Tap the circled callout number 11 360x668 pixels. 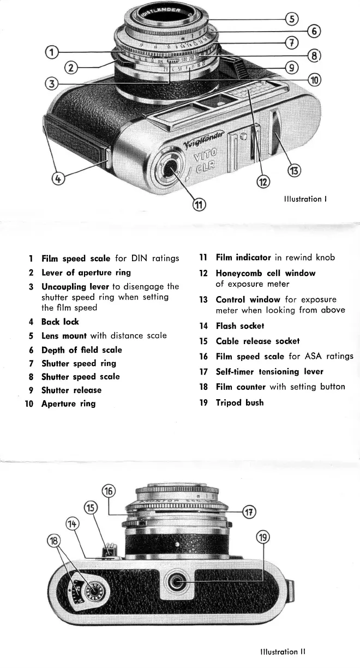coord(200,205)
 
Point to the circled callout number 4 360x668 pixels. coord(56,178)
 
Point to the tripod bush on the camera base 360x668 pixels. coord(176,584)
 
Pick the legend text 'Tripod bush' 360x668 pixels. coord(239,402)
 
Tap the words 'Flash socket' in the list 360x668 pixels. coord(239,326)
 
